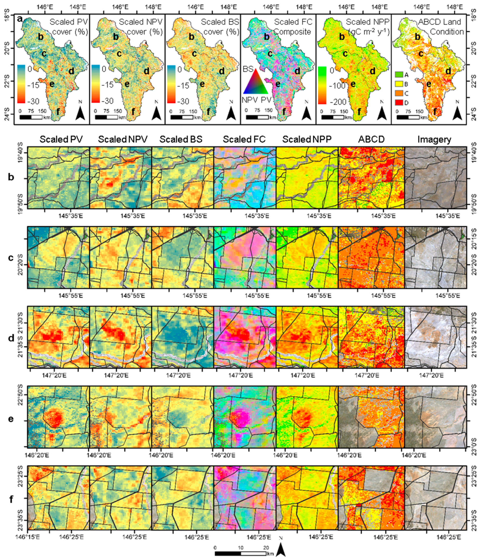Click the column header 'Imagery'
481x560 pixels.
[434, 139]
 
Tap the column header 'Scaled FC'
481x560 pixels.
[244, 139]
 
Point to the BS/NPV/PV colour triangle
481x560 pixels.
[255, 82]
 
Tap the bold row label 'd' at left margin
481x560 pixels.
[11, 338]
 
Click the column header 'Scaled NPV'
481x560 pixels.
[123, 139]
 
